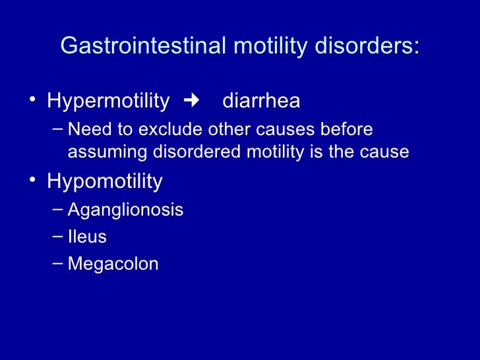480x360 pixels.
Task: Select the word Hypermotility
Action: point(108,102)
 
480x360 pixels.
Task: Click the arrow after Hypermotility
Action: point(192,101)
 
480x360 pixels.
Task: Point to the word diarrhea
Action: point(261,102)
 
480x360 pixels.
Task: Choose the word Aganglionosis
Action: point(125,210)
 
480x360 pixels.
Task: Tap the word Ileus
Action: point(87,237)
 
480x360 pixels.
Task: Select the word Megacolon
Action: point(113,264)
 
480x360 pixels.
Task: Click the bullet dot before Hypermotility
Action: point(32,102)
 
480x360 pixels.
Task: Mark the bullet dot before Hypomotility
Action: point(32,181)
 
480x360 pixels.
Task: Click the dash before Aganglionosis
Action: point(57,210)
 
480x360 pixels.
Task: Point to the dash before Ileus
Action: point(57,236)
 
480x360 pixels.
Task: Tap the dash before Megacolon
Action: point(57,263)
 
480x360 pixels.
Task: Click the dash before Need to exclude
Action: point(57,127)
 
